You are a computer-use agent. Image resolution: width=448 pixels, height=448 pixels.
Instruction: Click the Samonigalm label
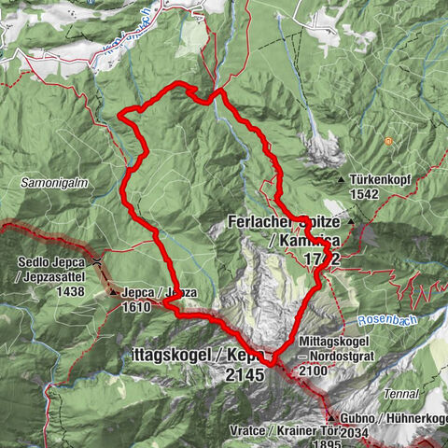click(53, 183)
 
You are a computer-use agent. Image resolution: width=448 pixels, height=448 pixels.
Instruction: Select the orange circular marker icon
click(387, 141)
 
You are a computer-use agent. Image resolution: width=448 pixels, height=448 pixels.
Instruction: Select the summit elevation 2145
click(243, 373)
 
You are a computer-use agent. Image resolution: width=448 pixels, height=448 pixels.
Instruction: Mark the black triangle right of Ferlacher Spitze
click(350, 224)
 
